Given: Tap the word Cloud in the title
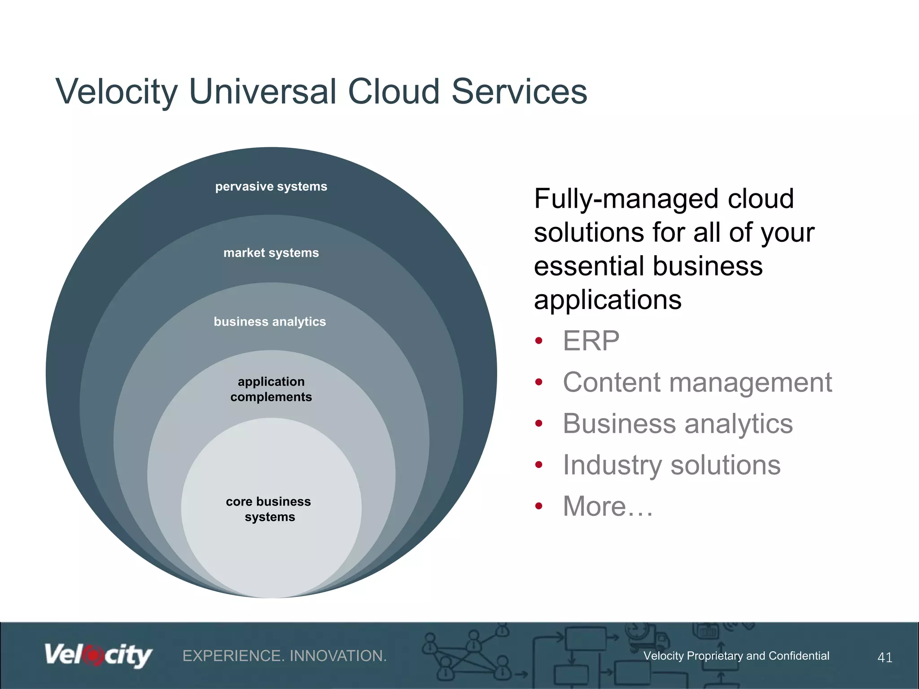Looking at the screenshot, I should tap(393, 92).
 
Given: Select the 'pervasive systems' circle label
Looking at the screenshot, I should tap(271, 187).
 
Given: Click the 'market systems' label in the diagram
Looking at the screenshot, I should tap(271, 253).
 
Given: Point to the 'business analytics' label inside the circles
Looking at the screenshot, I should tap(270, 322).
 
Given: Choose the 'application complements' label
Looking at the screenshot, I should tap(271, 389).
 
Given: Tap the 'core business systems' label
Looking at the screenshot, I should tap(269, 509).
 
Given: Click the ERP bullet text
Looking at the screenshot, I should tap(591, 341).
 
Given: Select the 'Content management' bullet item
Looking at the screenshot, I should tap(697, 383).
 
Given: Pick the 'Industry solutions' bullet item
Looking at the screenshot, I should tap(671, 465).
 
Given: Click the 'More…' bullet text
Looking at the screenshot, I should tap(608, 506).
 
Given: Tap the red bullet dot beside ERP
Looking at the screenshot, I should tap(539, 341).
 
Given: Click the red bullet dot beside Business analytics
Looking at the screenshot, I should tap(539, 423).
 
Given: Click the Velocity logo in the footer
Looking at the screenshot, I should tap(98, 655).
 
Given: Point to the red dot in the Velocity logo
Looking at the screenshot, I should tap(94, 655).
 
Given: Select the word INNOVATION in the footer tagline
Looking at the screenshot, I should tap(338, 656).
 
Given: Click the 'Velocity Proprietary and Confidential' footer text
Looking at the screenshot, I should tap(736, 656).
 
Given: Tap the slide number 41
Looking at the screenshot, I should tap(884, 658).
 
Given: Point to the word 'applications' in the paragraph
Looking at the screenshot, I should tap(608, 300).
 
